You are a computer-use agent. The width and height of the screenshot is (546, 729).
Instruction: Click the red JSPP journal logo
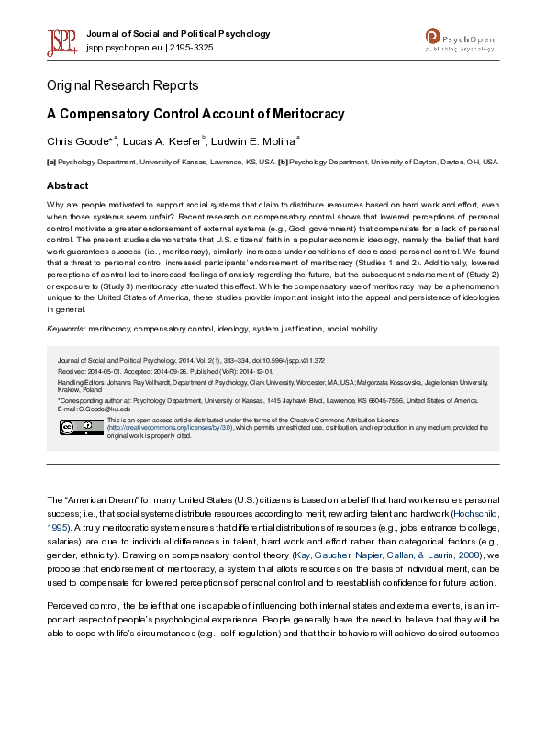tap(62, 40)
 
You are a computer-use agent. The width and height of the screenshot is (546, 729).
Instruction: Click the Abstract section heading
tap(68, 185)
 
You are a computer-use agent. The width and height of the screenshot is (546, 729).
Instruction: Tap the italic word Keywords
tap(65, 329)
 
